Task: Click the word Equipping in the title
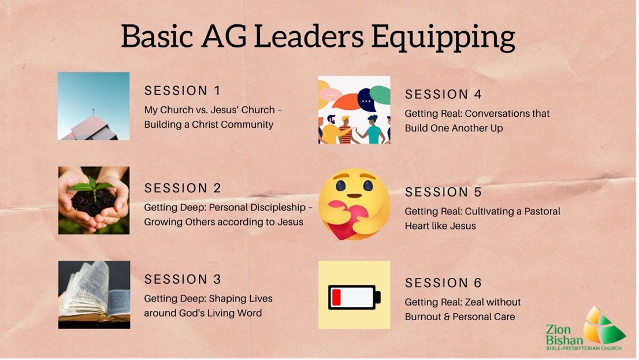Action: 443,38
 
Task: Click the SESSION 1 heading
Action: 183,91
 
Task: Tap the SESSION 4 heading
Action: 443,94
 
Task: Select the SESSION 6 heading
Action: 443,283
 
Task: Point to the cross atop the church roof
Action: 94,112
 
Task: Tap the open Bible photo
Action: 94,294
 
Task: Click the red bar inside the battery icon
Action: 336,297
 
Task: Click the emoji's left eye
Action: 340,186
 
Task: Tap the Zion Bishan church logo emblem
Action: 603,326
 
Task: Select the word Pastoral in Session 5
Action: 542,211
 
